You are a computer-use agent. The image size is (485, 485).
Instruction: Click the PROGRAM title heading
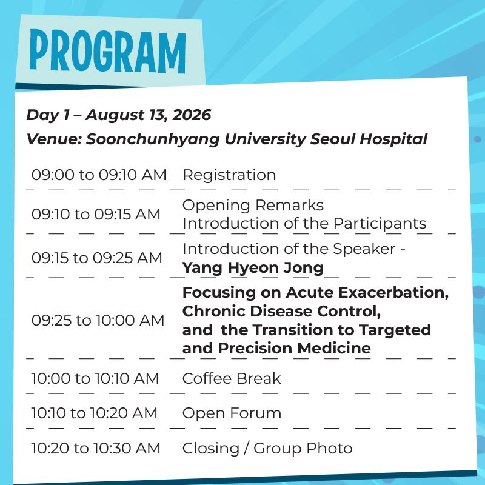pos(108,51)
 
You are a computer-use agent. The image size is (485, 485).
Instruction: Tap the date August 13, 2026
pos(149,115)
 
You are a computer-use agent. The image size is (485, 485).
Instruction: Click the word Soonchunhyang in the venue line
pos(153,139)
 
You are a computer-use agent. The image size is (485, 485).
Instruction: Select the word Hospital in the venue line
pos(393,139)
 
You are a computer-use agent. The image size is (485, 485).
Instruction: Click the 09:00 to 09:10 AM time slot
pos(99,175)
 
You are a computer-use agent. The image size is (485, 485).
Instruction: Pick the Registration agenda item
pos(229,175)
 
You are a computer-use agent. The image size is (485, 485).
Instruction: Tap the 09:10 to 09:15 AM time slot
pos(96,214)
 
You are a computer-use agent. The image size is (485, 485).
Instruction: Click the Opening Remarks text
pos(253,206)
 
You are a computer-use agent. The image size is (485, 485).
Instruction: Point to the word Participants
pos(380,224)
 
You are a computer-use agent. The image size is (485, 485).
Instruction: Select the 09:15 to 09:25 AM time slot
pos(97,258)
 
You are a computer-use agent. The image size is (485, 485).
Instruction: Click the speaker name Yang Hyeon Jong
pos(253,268)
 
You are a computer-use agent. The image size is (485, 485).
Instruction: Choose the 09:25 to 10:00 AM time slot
pos(98,320)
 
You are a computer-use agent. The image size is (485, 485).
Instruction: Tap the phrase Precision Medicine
pos(295,348)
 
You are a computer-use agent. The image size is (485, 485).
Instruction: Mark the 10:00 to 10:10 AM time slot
pos(95,378)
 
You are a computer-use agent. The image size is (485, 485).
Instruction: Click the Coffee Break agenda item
pos(232,378)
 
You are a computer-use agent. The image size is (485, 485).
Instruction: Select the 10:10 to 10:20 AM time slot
pos(95,413)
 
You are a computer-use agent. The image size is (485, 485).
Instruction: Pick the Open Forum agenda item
pos(232,413)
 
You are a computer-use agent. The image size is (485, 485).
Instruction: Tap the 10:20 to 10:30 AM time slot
pos(96,449)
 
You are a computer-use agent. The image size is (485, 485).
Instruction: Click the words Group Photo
pos(303,449)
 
